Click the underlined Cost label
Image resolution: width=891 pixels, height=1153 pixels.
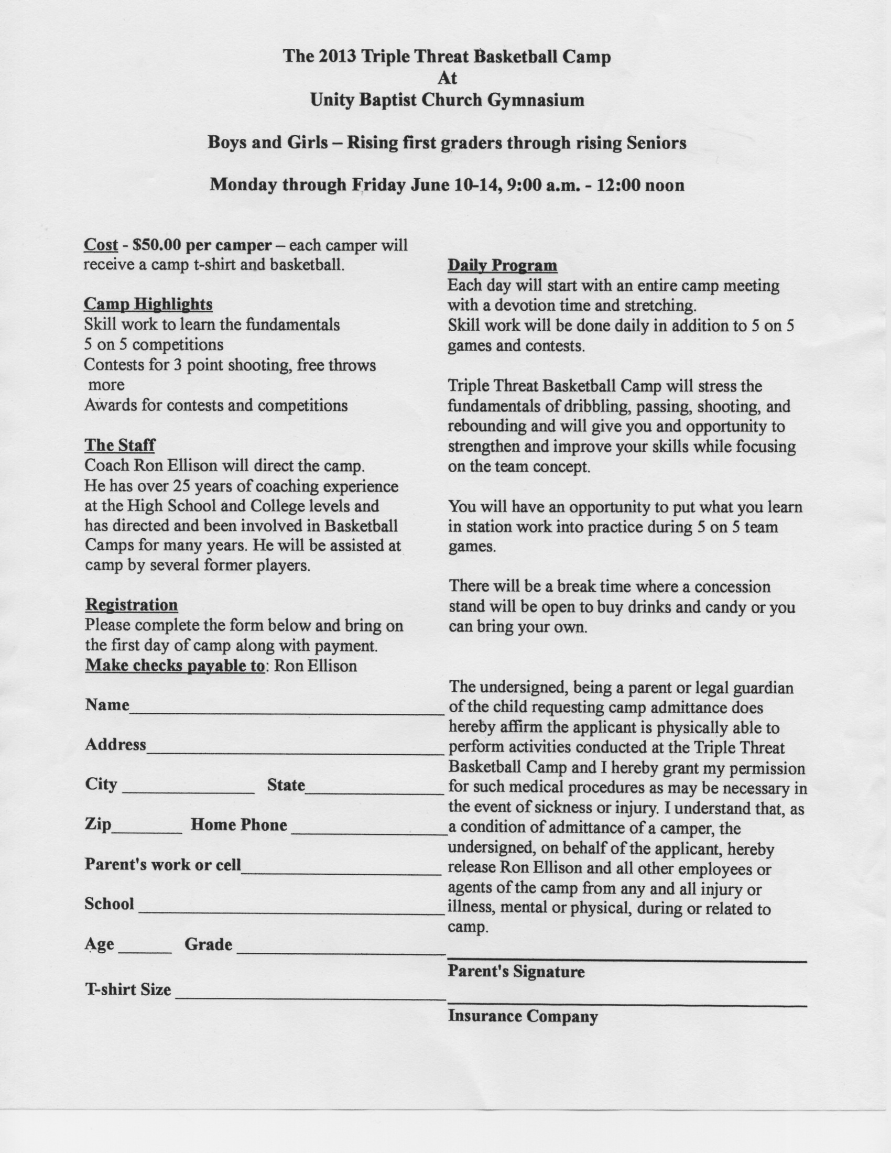coord(101,245)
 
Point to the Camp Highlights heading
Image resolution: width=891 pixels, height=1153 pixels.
coord(148,304)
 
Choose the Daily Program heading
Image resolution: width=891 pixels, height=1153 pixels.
coord(502,265)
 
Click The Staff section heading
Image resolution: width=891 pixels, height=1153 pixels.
coord(120,445)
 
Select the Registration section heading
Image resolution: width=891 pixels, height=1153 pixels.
coord(132,604)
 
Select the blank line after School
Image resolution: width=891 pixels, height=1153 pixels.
coord(291,912)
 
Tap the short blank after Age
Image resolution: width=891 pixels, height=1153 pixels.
coord(145,951)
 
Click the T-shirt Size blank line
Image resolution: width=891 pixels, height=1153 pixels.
coord(309,997)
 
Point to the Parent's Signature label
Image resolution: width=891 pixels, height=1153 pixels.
coord(516,971)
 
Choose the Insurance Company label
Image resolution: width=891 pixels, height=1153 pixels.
coord(523,1016)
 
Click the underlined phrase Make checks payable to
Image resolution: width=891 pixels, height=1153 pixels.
coord(175,666)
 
